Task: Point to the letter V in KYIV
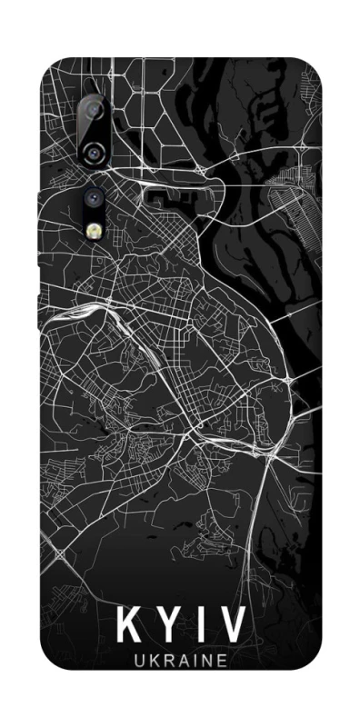tap(230, 628)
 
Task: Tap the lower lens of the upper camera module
tap(94, 152)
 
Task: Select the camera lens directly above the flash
tap(94, 194)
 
